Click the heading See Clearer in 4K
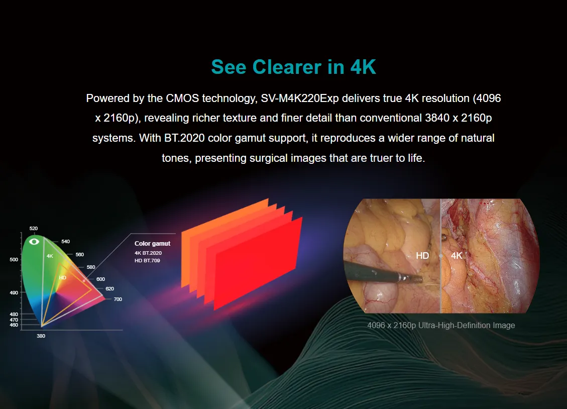(293, 67)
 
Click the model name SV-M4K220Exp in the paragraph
(300, 98)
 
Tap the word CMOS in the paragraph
(182, 98)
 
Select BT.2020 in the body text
(184, 138)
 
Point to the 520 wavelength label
(34, 229)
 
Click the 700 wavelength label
(118, 299)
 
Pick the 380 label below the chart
(41, 336)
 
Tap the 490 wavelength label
(14, 292)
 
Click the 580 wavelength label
(91, 267)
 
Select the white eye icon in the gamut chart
(34, 241)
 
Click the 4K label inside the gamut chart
(50, 256)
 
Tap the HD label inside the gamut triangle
(63, 278)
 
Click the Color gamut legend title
(152, 244)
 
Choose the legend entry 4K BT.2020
(148, 253)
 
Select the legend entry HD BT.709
(147, 260)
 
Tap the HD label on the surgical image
(422, 256)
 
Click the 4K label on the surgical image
(457, 256)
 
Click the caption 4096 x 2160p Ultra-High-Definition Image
(441, 326)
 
